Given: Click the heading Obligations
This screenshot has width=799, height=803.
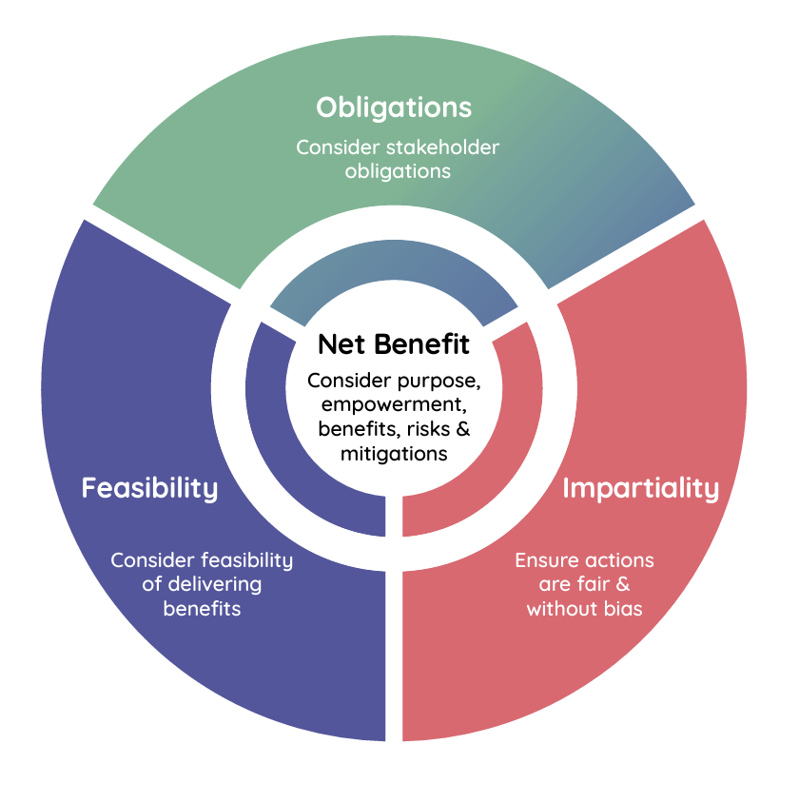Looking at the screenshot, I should (x=394, y=107).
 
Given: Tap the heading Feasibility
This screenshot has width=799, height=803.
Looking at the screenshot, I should (x=149, y=488).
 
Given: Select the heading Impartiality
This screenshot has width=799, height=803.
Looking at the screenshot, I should (x=640, y=488).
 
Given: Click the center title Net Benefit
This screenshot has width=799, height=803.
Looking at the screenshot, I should (x=393, y=343).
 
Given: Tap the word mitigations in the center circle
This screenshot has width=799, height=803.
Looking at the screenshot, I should (x=394, y=454).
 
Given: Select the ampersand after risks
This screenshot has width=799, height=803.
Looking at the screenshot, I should (x=463, y=429).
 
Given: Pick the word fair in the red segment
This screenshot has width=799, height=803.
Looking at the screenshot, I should (x=591, y=584).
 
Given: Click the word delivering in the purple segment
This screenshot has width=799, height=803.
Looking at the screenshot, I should (x=215, y=584).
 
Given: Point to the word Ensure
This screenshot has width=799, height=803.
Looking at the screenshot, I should (x=546, y=560).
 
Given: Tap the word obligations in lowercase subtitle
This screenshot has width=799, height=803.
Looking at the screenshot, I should (x=397, y=172).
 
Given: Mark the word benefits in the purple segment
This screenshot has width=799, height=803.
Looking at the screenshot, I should (x=202, y=609).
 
